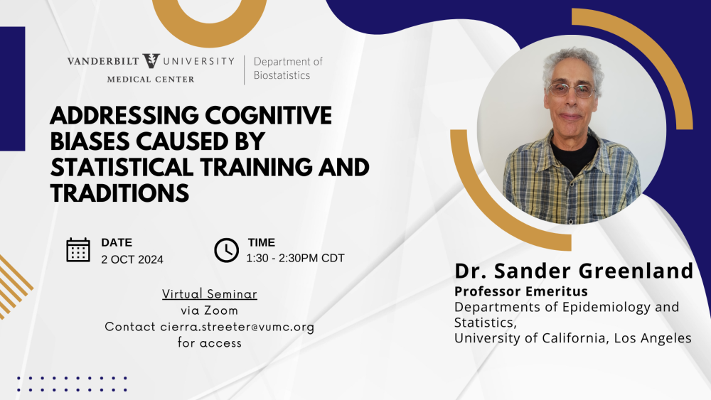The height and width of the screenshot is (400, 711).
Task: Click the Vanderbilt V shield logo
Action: point(151,60)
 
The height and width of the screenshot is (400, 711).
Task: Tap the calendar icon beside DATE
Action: point(78,249)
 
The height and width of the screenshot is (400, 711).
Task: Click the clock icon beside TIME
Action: point(226,250)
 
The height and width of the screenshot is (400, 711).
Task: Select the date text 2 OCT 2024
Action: point(132,259)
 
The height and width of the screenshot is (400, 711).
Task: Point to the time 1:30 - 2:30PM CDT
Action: point(295,258)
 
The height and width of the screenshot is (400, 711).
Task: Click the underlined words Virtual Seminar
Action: point(210,294)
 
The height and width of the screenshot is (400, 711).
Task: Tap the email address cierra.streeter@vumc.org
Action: point(237,327)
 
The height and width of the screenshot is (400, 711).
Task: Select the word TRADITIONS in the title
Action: point(119,193)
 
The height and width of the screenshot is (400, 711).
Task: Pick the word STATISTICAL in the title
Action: point(122,167)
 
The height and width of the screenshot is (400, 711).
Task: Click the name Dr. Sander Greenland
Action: point(574,271)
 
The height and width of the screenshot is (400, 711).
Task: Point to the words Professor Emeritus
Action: point(521,291)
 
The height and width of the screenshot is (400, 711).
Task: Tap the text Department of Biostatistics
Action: point(288,68)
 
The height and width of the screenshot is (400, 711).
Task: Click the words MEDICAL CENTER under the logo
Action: point(151,80)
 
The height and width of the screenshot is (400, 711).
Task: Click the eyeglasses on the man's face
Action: point(571,90)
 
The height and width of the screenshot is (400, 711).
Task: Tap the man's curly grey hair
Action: point(572,61)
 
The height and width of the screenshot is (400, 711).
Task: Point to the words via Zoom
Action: point(210,310)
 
